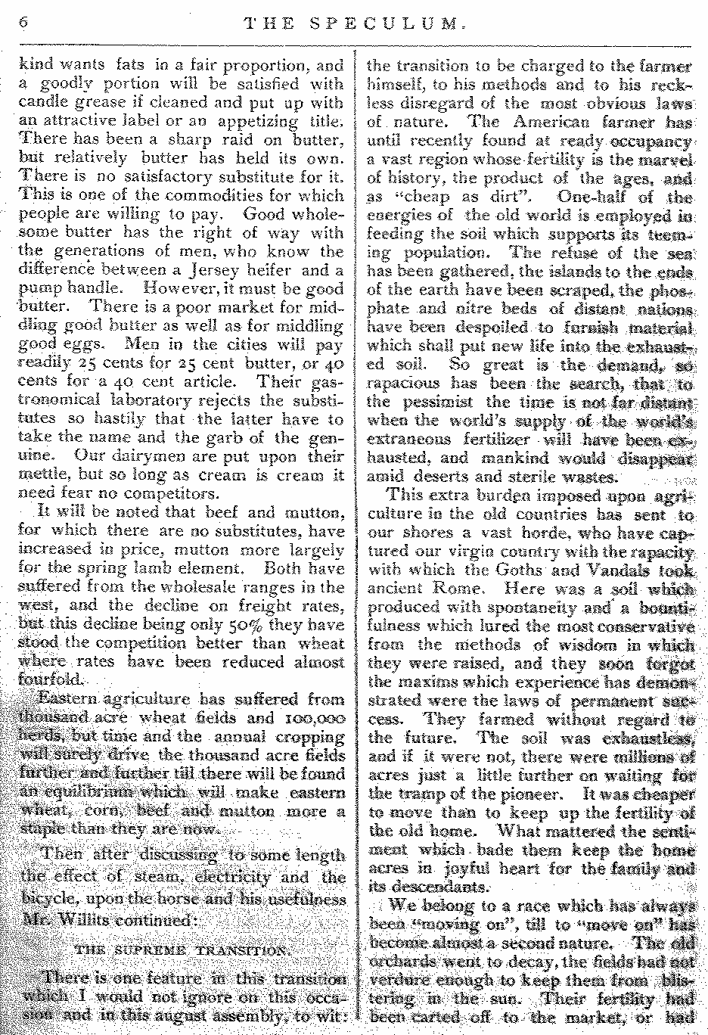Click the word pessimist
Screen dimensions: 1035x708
(437, 402)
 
